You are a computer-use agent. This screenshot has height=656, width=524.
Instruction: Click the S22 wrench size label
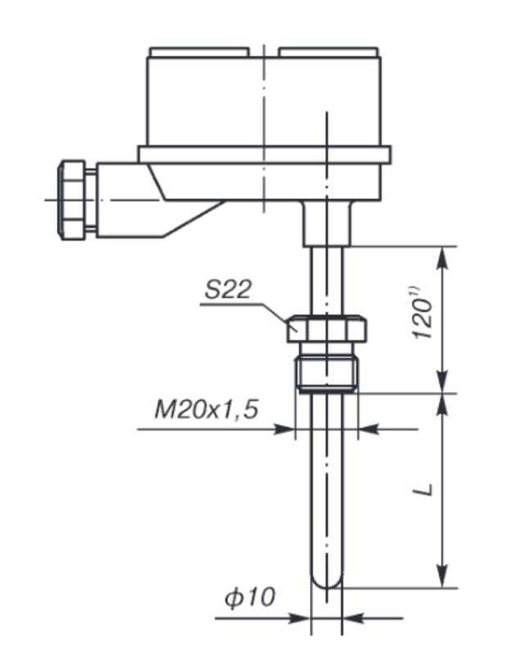coord(228,289)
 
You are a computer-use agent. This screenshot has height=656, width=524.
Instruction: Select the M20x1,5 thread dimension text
coord(206,409)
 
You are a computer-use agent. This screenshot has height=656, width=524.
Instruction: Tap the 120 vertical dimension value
coord(422,319)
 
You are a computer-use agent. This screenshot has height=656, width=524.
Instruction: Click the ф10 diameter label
coord(251,597)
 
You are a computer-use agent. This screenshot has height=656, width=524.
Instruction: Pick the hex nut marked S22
coord(327,329)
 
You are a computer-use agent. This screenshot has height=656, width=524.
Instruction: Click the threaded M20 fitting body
coord(327,374)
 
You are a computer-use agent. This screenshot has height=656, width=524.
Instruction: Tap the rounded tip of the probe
coord(327,581)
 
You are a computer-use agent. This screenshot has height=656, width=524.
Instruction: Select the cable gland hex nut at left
coord(71,200)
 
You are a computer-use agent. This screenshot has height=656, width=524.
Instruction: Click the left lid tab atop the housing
coord(200,52)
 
